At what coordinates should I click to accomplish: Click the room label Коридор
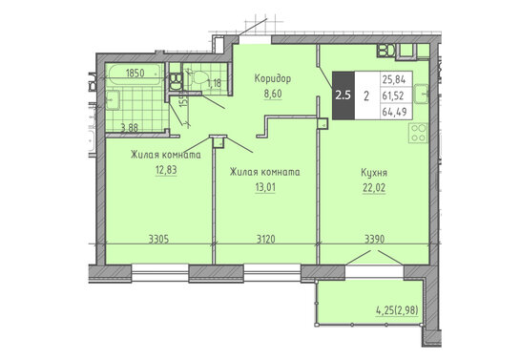pos(273,78)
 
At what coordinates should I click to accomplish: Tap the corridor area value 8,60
pos(273,94)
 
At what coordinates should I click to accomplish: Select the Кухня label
pos(374,173)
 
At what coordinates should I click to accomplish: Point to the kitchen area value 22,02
pos(374,188)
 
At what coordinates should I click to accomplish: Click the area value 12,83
pos(166,170)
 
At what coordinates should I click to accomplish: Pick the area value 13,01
pos(265,187)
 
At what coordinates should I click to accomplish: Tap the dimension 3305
pos(158,239)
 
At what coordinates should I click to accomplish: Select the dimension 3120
pos(266,239)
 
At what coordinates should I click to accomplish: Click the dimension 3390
pos(374,239)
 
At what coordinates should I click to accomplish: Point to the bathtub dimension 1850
pos(135,73)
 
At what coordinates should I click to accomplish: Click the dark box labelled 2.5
pos(343,95)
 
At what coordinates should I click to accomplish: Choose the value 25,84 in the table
pos(394,79)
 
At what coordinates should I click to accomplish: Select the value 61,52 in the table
pos(393,95)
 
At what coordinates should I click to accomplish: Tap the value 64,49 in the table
pos(394,112)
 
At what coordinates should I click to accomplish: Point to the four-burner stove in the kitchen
pos(418,133)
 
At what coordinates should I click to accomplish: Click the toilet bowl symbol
pos(200,77)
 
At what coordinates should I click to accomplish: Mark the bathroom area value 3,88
pos(129,128)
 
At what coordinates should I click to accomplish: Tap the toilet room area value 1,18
pos(214,83)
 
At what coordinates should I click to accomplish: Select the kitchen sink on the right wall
pos(422,94)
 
